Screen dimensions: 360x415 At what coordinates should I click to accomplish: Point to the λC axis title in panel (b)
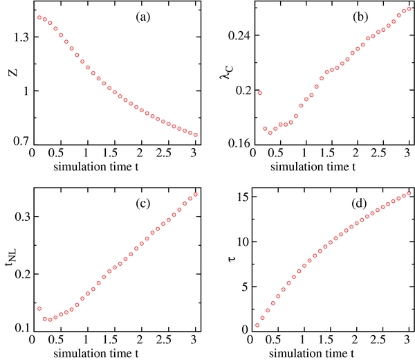(x=225, y=73)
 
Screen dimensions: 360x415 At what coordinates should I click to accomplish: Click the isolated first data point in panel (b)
(x=259, y=93)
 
